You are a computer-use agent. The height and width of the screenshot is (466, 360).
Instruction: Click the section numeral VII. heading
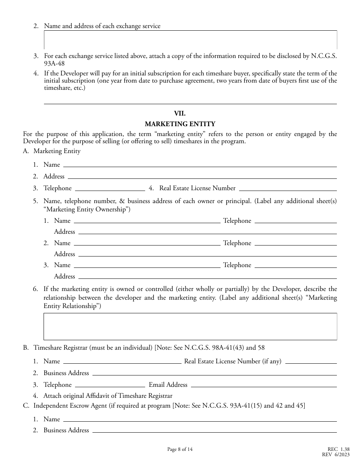[180, 113]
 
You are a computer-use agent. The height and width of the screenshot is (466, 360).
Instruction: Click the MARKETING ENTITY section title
[180, 124]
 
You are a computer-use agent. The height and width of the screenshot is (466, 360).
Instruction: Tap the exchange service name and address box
[190, 40]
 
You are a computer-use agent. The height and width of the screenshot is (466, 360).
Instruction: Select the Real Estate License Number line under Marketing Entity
[288, 188]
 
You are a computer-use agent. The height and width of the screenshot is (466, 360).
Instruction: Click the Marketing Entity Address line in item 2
[202, 177]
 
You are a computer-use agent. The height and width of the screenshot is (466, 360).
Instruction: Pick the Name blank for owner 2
[147, 243]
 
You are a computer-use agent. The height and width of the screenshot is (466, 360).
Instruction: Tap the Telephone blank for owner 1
[296, 221]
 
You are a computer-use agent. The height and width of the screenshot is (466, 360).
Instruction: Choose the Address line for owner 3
[207, 277]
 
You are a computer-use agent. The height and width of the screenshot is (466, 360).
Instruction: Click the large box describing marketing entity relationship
[190, 326]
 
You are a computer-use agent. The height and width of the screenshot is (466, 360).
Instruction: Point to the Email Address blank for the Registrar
[263, 385]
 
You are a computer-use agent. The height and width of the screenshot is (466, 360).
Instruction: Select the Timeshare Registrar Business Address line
[214, 373]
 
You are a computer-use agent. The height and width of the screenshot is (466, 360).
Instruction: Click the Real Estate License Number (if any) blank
[311, 361]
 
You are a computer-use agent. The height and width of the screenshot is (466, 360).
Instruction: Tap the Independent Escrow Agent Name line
[200, 419]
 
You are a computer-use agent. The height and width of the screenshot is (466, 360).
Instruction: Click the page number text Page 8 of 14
[180, 450]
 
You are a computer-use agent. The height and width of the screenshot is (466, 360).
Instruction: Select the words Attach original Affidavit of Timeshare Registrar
[108, 396]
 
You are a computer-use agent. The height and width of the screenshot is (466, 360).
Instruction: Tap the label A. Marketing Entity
[52, 151]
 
